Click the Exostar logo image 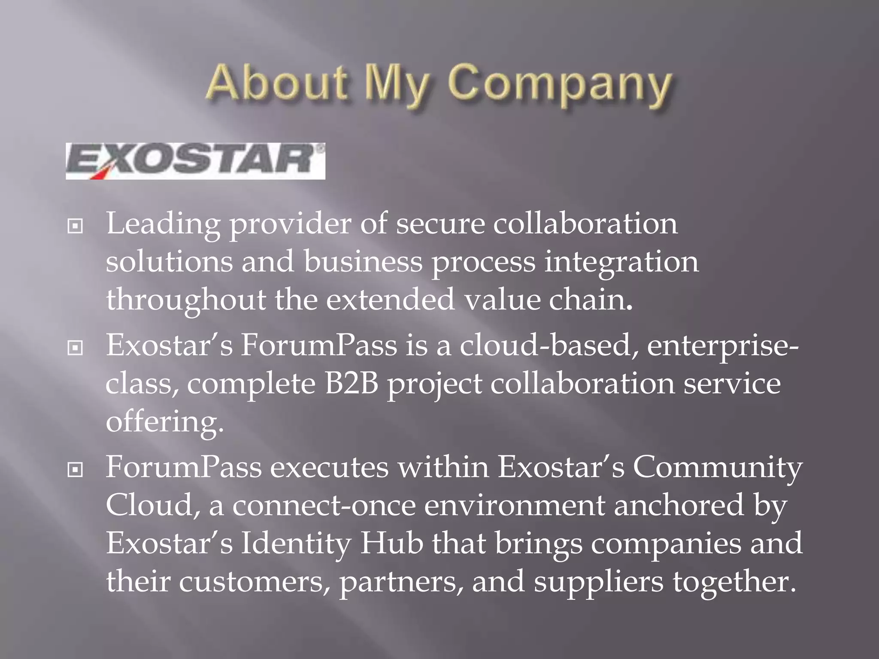pyautogui.click(x=195, y=161)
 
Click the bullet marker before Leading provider pyautogui.click(x=75, y=226)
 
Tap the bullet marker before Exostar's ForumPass pyautogui.click(x=75, y=348)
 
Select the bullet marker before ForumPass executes pyautogui.click(x=75, y=470)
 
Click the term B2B pyautogui.click(x=352, y=384)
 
